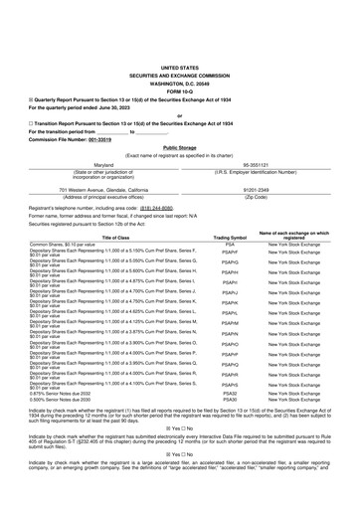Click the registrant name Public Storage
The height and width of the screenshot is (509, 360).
(180, 146)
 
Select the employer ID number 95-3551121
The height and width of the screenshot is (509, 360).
(262, 165)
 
